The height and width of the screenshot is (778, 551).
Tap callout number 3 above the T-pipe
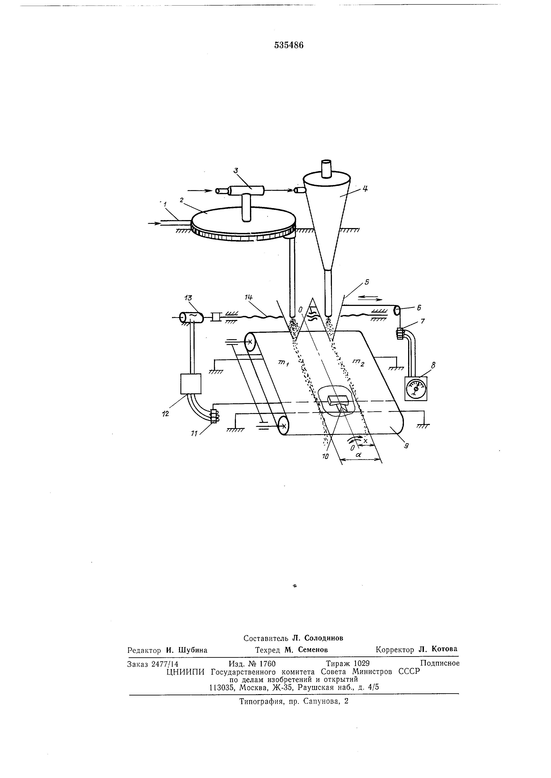pos(236,171)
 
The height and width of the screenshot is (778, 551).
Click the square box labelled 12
pos(191,384)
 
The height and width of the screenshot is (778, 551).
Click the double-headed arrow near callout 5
pos(370,298)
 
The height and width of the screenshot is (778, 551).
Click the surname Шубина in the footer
pos(192,650)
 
